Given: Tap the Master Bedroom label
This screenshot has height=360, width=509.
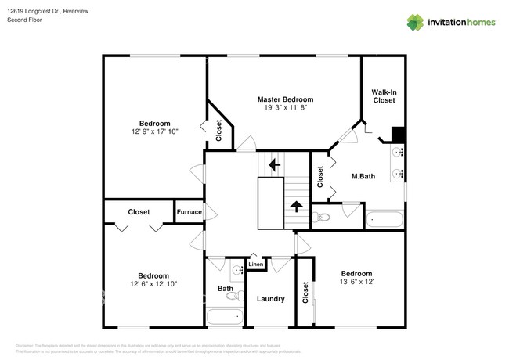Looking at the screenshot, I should coord(286,100).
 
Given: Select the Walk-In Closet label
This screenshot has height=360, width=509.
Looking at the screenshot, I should coord(383,96).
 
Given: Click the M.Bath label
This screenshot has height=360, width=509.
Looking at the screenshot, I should coord(363,177).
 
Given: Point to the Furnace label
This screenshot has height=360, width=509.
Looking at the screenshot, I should coord(189,212).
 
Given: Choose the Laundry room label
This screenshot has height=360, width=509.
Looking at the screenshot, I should coord(270,299).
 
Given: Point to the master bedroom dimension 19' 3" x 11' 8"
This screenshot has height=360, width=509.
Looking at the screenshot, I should coord(286,109).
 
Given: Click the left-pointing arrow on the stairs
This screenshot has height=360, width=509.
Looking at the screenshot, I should coord(273,165).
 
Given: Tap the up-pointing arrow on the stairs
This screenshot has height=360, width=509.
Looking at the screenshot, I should coord(296,207).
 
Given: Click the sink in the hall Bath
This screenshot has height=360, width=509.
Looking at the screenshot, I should coord(236,272).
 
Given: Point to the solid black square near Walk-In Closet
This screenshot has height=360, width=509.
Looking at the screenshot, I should coord(397,133).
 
